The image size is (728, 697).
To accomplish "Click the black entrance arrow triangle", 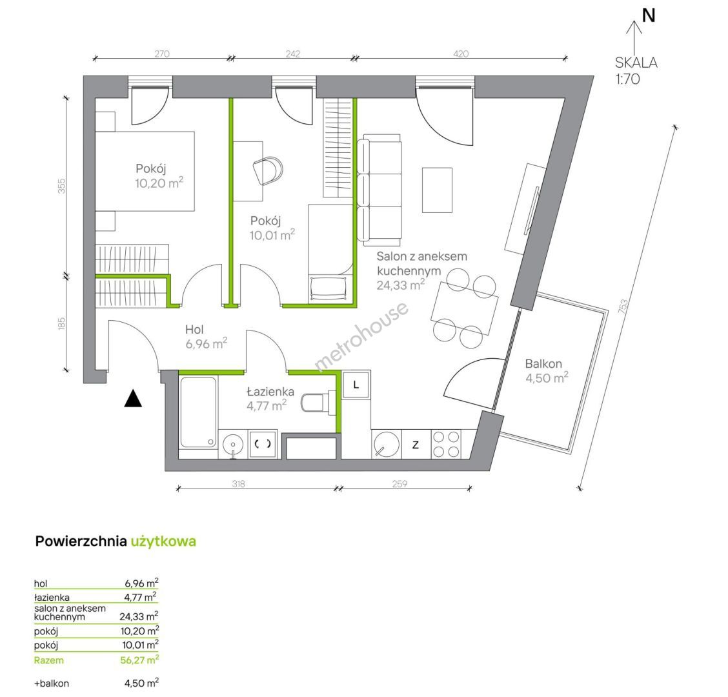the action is [x=133, y=399].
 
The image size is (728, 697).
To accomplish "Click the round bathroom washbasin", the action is [x=233, y=445].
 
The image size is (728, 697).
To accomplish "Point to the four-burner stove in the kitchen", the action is [x=446, y=445].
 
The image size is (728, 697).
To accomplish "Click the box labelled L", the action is [x=356, y=385].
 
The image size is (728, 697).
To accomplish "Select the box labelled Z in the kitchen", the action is [x=416, y=445].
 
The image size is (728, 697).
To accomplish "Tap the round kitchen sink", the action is [x=387, y=445].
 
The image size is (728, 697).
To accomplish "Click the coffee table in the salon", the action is [x=437, y=190].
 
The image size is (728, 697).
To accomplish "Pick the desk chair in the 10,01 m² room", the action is [x=268, y=170].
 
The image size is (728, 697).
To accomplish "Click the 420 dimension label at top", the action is [x=461, y=54].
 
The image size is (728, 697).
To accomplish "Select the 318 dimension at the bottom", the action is [x=239, y=484].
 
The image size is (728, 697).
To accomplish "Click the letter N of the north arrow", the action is [x=649, y=15].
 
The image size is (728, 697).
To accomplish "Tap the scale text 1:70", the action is [x=628, y=79].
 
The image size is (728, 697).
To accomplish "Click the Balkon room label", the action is [x=543, y=363].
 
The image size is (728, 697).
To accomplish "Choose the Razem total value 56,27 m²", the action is [x=139, y=660].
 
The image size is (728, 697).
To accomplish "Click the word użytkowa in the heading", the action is [x=163, y=541].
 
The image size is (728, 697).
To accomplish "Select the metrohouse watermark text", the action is [x=361, y=337].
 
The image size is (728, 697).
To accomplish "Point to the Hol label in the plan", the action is [x=194, y=330].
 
